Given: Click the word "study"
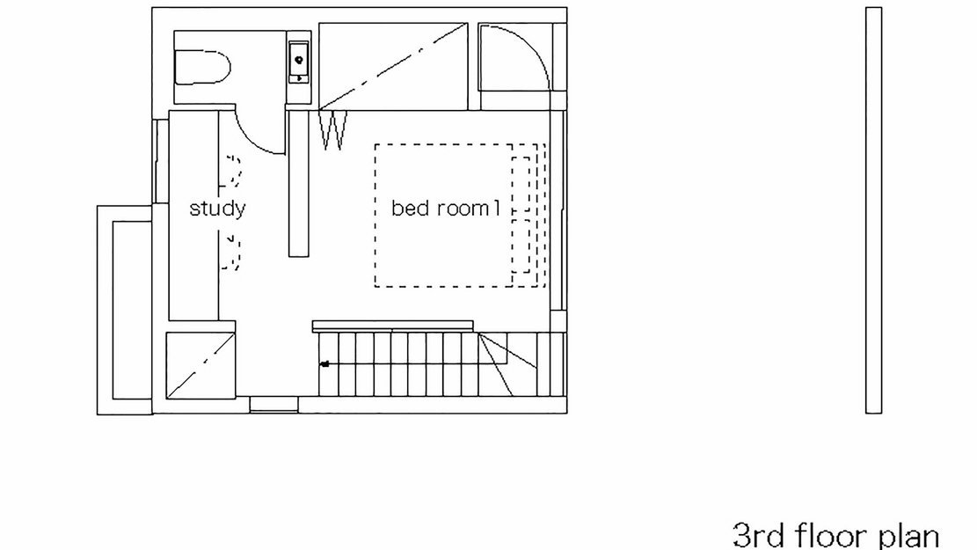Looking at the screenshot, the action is pyautogui.click(x=217, y=209).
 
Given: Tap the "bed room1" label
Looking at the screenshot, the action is pyautogui.click(x=446, y=208).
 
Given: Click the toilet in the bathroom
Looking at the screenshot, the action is pyautogui.click(x=202, y=68).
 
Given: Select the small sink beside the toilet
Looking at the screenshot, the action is pyautogui.click(x=299, y=62).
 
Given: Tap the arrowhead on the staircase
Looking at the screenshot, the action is pyautogui.click(x=324, y=363).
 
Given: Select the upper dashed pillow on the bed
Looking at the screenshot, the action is pyautogui.click(x=521, y=183).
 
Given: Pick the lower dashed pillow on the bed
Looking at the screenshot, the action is pyautogui.click(x=521, y=246).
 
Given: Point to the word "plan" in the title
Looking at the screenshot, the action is pyautogui.click(x=908, y=536).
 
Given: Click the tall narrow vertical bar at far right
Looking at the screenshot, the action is pyautogui.click(x=873, y=210).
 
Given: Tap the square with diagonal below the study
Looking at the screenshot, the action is pyautogui.click(x=201, y=365).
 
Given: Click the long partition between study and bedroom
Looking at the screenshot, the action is pyautogui.click(x=299, y=183).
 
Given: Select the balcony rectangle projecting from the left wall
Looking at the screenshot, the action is pyautogui.click(x=125, y=310).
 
